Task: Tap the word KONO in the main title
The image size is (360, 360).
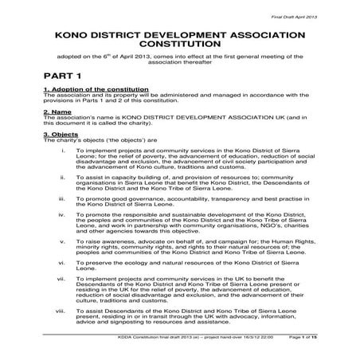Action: pyautogui.click(x=75, y=36)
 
